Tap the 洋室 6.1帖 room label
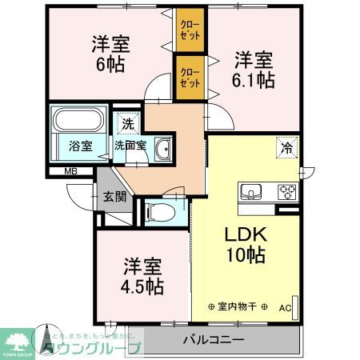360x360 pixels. pos(254,68)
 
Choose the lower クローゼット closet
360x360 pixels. pos(190,78)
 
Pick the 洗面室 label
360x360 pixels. pos(129,146)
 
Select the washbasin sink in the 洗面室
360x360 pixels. pos(162,149)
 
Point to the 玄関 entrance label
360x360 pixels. pos(114,196)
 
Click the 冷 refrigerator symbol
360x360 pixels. pos(286,147)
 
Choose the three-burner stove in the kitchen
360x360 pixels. pos(286,192)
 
